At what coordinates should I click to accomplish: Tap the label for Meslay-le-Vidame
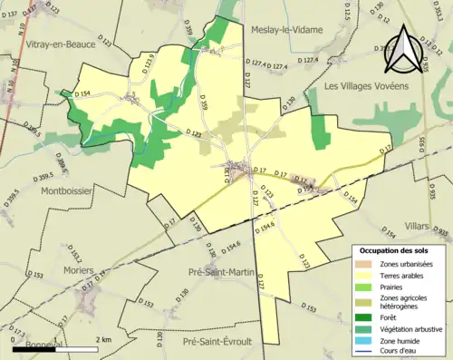pos(290,28)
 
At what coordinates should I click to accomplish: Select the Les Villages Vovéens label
pos(367,84)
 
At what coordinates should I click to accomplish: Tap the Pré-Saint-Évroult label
pos(221,342)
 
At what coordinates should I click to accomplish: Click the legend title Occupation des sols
pos(393,249)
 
